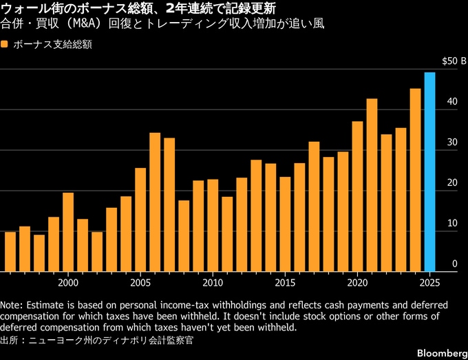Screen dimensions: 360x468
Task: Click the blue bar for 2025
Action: click(x=429, y=172)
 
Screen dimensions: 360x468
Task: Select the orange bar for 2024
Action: click(x=415, y=180)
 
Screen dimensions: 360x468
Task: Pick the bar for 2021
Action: click(x=372, y=185)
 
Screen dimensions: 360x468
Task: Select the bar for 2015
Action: click(x=285, y=224)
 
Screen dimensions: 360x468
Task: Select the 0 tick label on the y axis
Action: click(x=454, y=264)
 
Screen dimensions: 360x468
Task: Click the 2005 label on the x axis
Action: click(x=140, y=282)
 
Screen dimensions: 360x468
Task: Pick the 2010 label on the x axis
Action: click(x=213, y=282)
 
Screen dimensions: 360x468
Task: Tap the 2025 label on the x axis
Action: click(x=429, y=282)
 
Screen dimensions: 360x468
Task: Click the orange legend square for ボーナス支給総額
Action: click(x=5, y=44)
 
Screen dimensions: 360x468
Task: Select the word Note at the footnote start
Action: click(x=11, y=304)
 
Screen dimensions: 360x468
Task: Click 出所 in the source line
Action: click(x=10, y=339)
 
